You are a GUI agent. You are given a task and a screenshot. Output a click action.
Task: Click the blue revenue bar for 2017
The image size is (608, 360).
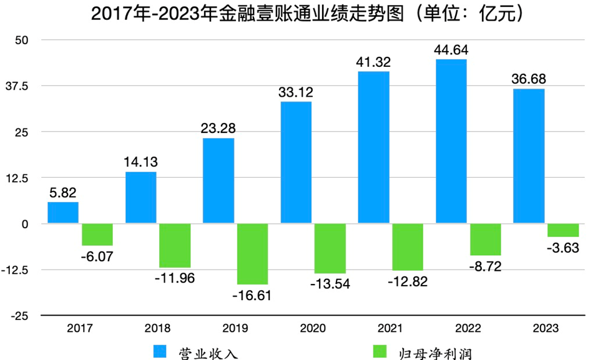click(x=63, y=213)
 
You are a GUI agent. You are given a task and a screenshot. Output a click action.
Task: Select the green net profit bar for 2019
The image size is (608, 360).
click(x=252, y=254)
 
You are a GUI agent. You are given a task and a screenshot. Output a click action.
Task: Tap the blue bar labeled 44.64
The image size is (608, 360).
click(x=451, y=142)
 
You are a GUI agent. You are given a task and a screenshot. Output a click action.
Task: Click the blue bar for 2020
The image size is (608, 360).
click(x=296, y=162)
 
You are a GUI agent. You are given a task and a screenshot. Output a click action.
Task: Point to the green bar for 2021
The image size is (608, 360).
click(x=408, y=247)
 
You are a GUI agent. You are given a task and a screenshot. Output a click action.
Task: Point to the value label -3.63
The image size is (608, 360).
click(x=563, y=247)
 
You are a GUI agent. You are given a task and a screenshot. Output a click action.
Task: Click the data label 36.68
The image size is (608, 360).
click(x=529, y=80)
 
